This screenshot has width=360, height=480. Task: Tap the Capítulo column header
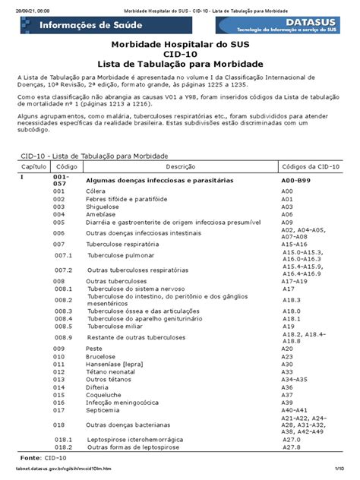click(33, 165)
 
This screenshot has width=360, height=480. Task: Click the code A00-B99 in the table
click(296, 180)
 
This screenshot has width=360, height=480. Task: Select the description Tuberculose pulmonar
click(121, 255)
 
